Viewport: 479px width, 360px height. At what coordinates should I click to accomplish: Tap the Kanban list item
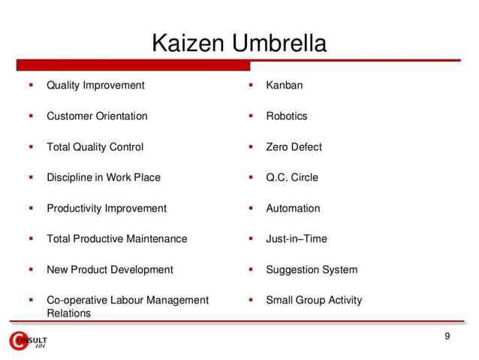pos(285,85)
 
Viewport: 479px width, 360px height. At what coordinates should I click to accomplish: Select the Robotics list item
pos(287,116)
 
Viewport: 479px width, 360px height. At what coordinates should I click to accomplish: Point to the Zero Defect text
pos(294,147)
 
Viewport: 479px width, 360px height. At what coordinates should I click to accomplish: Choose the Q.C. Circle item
pos(292,177)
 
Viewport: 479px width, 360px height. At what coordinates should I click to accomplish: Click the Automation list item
pos(293,208)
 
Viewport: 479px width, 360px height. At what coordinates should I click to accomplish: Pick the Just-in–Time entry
pos(297,239)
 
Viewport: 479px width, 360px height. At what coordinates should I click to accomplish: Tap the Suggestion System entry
pos(312,270)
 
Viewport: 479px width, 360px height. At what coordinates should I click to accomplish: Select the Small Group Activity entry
pos(314,300)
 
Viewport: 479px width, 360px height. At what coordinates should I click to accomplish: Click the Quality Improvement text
pos(95,85)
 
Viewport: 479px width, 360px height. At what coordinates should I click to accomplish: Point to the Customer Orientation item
pos(97,116)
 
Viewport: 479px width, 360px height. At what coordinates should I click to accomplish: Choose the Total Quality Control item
pos(95,147)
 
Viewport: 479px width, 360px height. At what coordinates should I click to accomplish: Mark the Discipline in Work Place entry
pos(104,177)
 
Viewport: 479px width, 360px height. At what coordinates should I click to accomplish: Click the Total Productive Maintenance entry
pos(117,239)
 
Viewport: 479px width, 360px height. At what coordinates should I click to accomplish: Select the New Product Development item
pos(110,270)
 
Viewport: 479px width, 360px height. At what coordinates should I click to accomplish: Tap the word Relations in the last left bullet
pos(68,313)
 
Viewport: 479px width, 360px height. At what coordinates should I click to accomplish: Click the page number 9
pos(447,336)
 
